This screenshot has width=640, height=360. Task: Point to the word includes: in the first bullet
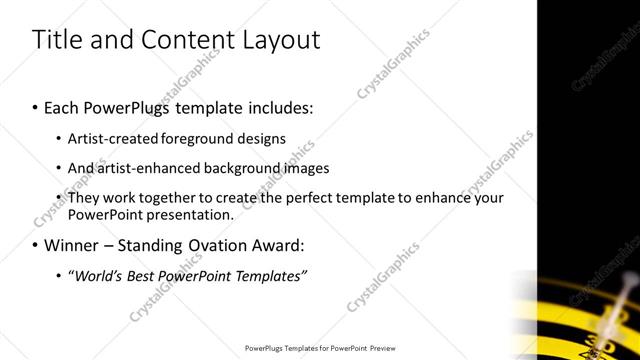[x=277, y=105]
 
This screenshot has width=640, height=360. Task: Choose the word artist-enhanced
[x=149, y=168]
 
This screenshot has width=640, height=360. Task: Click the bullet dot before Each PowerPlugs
[x=37, y=106]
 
